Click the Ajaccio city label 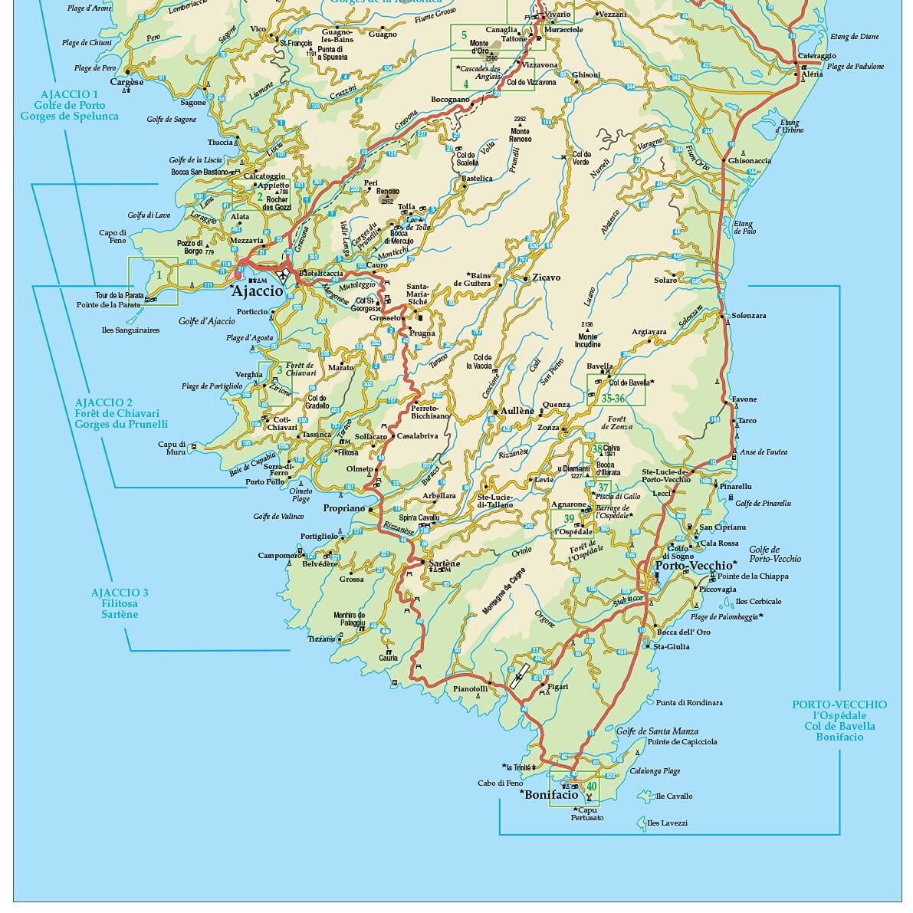(258, 292)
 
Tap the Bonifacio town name (551, 795)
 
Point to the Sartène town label (444, 563)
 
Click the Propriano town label (343, 508)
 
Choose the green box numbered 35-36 (612, 399)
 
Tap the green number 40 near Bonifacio (591, 787)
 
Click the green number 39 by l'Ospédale (569, 519)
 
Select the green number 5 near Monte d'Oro (464, 34)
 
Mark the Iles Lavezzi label (667, 823)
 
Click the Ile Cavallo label (674, 796)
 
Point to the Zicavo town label (547, 278)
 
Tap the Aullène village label (517, 411)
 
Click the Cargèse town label (126, 82)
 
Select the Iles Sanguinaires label (130, 330)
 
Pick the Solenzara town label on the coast (748, 316)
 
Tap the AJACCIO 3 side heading (120, 593)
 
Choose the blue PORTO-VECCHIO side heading (839, 704)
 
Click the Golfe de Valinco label (278, 517)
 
